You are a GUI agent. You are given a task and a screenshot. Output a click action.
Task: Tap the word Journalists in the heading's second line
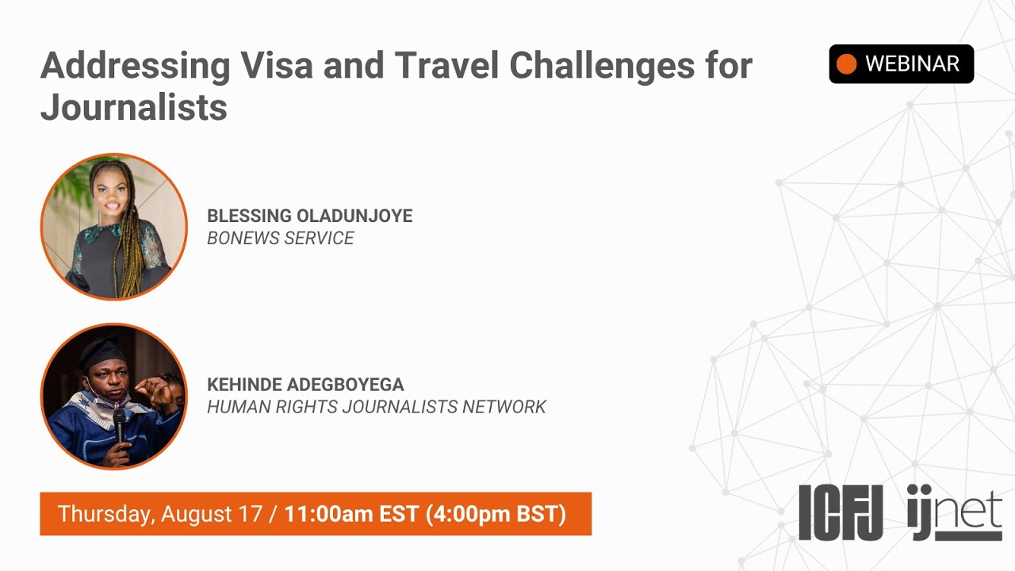click(x=133, y=106)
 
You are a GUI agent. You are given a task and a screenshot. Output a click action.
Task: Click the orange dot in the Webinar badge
click(x=847, y=64)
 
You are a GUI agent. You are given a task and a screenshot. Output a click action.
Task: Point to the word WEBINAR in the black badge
click(x=912, y=64)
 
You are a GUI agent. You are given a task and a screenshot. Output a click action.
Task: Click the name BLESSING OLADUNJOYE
click(x=309, y=216)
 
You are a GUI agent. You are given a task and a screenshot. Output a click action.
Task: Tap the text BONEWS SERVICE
click(x=280, y=238)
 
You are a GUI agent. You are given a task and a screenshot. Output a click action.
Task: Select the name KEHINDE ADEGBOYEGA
click(x=305, y=385)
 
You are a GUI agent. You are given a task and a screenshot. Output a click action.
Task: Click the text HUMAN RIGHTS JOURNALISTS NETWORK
click(x=376, y=407)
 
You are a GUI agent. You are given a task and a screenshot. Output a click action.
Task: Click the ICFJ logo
click(x=841, y=512)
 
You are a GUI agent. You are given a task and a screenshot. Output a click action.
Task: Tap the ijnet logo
click(x=955, y=512)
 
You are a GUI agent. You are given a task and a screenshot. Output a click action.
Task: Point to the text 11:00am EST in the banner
click(x=351, y=514)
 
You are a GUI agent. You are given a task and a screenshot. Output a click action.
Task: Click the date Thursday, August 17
click(x=159, y=514)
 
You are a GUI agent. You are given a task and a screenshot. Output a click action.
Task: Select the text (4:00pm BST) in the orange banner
click(x=496, y=514)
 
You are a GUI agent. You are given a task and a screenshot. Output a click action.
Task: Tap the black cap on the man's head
click(x=102, y=349)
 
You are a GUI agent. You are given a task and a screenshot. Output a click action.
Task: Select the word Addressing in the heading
click(x=135, y=65)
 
